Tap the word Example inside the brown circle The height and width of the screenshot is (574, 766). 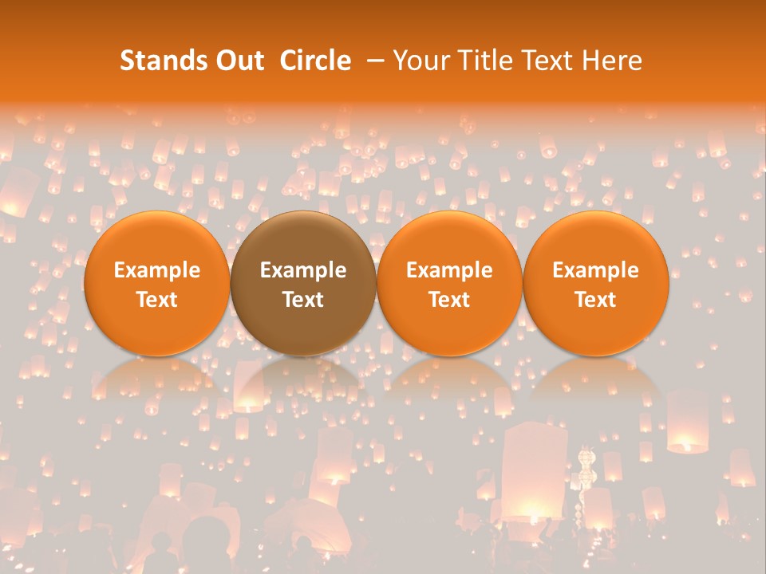click(303, 270)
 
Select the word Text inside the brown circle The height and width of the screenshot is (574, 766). click(303, 300)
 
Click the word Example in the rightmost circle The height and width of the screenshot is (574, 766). click(596, 270)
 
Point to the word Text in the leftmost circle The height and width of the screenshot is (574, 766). click(156, 300)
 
